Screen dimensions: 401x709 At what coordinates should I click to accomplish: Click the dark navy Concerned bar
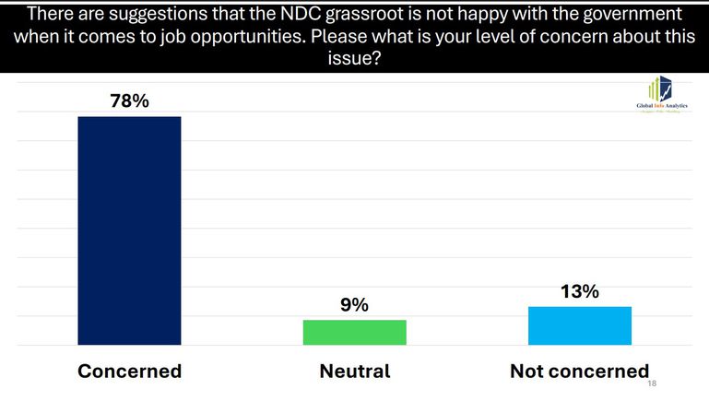(x=129, y=230)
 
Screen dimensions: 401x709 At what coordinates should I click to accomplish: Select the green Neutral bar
(x=355, y=333)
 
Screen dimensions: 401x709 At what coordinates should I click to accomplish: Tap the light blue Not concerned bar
(x=580, y=325)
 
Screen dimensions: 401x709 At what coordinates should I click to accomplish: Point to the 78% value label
(x=128, y=100)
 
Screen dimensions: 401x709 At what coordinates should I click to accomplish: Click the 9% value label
(x=355, y=303)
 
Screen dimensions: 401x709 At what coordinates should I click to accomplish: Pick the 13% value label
(x=580, y=291)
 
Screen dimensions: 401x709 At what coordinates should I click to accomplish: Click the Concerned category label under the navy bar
(x=129, y=372)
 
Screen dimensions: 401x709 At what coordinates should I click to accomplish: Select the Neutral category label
(x=355, y=372)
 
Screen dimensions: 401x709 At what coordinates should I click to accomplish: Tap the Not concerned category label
(x=580, y=372)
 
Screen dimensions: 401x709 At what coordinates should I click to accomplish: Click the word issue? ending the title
(x=354, y=58)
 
